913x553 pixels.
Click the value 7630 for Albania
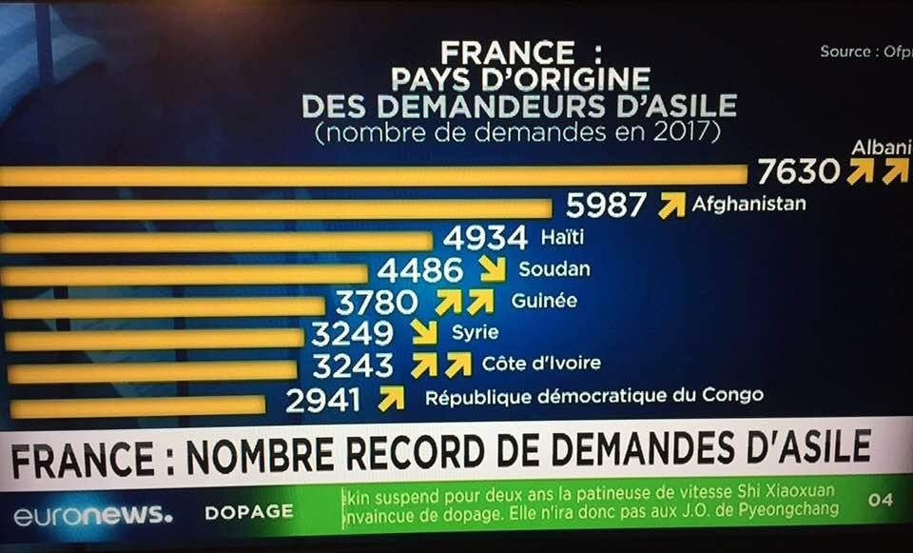point(799,171)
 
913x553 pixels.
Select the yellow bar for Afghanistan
point(276,208)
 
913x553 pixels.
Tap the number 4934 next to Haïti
point(484,237)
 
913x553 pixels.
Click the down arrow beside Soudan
point(492,269)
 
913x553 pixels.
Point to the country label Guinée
point(544,301)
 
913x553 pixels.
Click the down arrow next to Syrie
point(423,332)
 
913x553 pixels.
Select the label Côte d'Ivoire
point(541,364)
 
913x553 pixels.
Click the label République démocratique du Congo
point(593,396)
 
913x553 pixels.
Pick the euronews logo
point(92,516)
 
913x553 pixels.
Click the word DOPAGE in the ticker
point(249,512)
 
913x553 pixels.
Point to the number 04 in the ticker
point(881,500)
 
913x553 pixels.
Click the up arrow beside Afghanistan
point(671,205)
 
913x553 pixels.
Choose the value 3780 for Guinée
point(377,303)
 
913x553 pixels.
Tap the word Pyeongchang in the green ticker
point(783,509)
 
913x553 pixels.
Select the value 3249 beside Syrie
point(352,334)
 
